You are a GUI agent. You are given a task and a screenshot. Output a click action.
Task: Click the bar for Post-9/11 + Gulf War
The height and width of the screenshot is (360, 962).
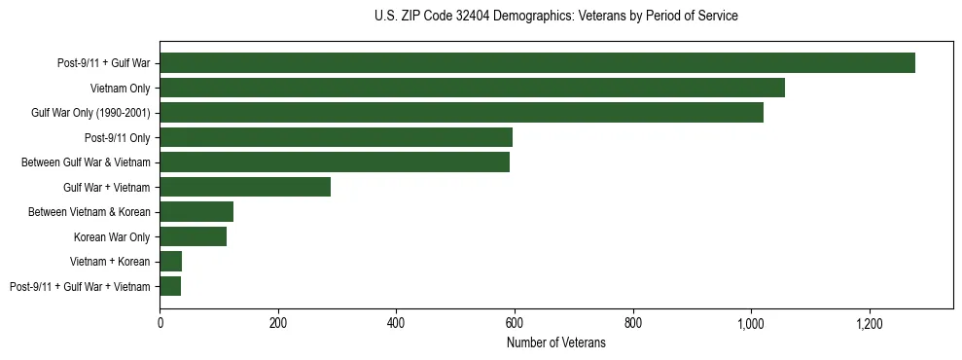tap(537, 63)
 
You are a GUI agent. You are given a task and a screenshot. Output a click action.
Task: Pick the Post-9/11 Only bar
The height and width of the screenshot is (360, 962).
tap(336, 137)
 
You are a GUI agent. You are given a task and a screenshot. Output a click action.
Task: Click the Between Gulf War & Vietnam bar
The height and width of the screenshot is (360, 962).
tap(335, 162)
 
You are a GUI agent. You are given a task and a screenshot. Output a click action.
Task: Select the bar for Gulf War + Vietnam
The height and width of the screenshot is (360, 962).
tap(245, 187)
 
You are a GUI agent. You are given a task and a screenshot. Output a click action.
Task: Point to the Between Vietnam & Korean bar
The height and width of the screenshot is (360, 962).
tap(196, 212)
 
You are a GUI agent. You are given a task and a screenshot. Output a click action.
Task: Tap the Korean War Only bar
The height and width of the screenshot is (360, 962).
tap(193, 236)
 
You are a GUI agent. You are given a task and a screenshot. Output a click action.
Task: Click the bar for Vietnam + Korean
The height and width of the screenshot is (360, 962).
tap(171, 261)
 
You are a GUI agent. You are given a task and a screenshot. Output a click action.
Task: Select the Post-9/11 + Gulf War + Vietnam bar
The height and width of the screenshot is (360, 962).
tap(170, 286)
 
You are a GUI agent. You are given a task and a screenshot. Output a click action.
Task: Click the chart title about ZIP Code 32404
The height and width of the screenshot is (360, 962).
tap(555, 17)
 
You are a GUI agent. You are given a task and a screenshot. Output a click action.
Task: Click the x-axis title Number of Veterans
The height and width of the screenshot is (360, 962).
tap(555, 342)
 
